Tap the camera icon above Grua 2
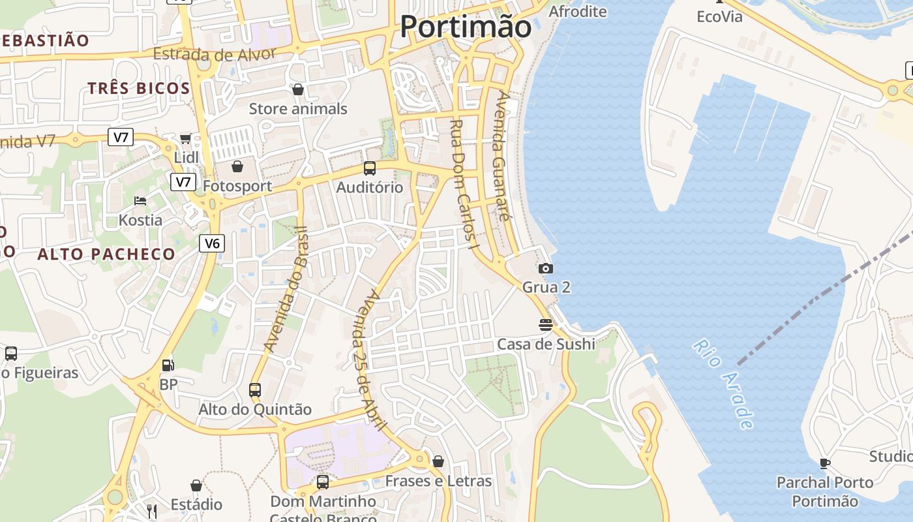click(x=546, y=268)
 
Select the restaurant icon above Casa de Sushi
click(x=546, y=324)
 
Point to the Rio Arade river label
click(x=723, y=384)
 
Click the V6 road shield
click(x=212, y=243)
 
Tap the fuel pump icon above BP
click(x=168, y=366)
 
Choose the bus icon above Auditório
click(x=370, y=168)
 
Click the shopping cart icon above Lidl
click(x=186, y=138)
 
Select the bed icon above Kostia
click(x=140, y=200)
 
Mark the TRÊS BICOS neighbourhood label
click(x=139, y=89)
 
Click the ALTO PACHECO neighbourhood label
click(x=106, y=254)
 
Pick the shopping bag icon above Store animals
click(x=298, y=89)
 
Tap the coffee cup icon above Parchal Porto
click(x=825, y=463)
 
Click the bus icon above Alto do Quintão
click(x=255, y=390)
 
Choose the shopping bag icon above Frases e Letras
click(x=438, y=461)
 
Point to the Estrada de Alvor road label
click(x=215, y=54)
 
